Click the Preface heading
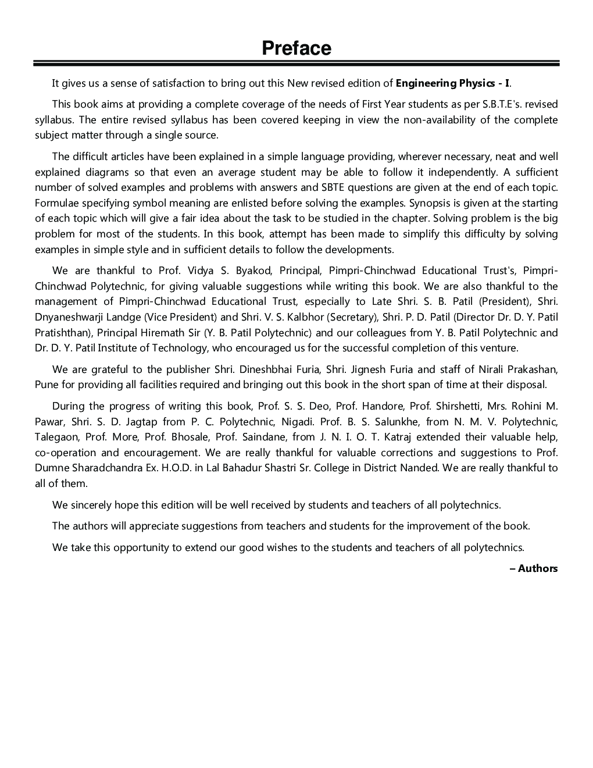pyautogui.click(x=296, y=48)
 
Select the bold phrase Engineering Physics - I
pyautogui.click(x=453, y=83)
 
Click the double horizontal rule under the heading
pyautogui.click(x=296, y=63)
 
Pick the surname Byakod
pyautogui.click(x=254, y=271)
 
